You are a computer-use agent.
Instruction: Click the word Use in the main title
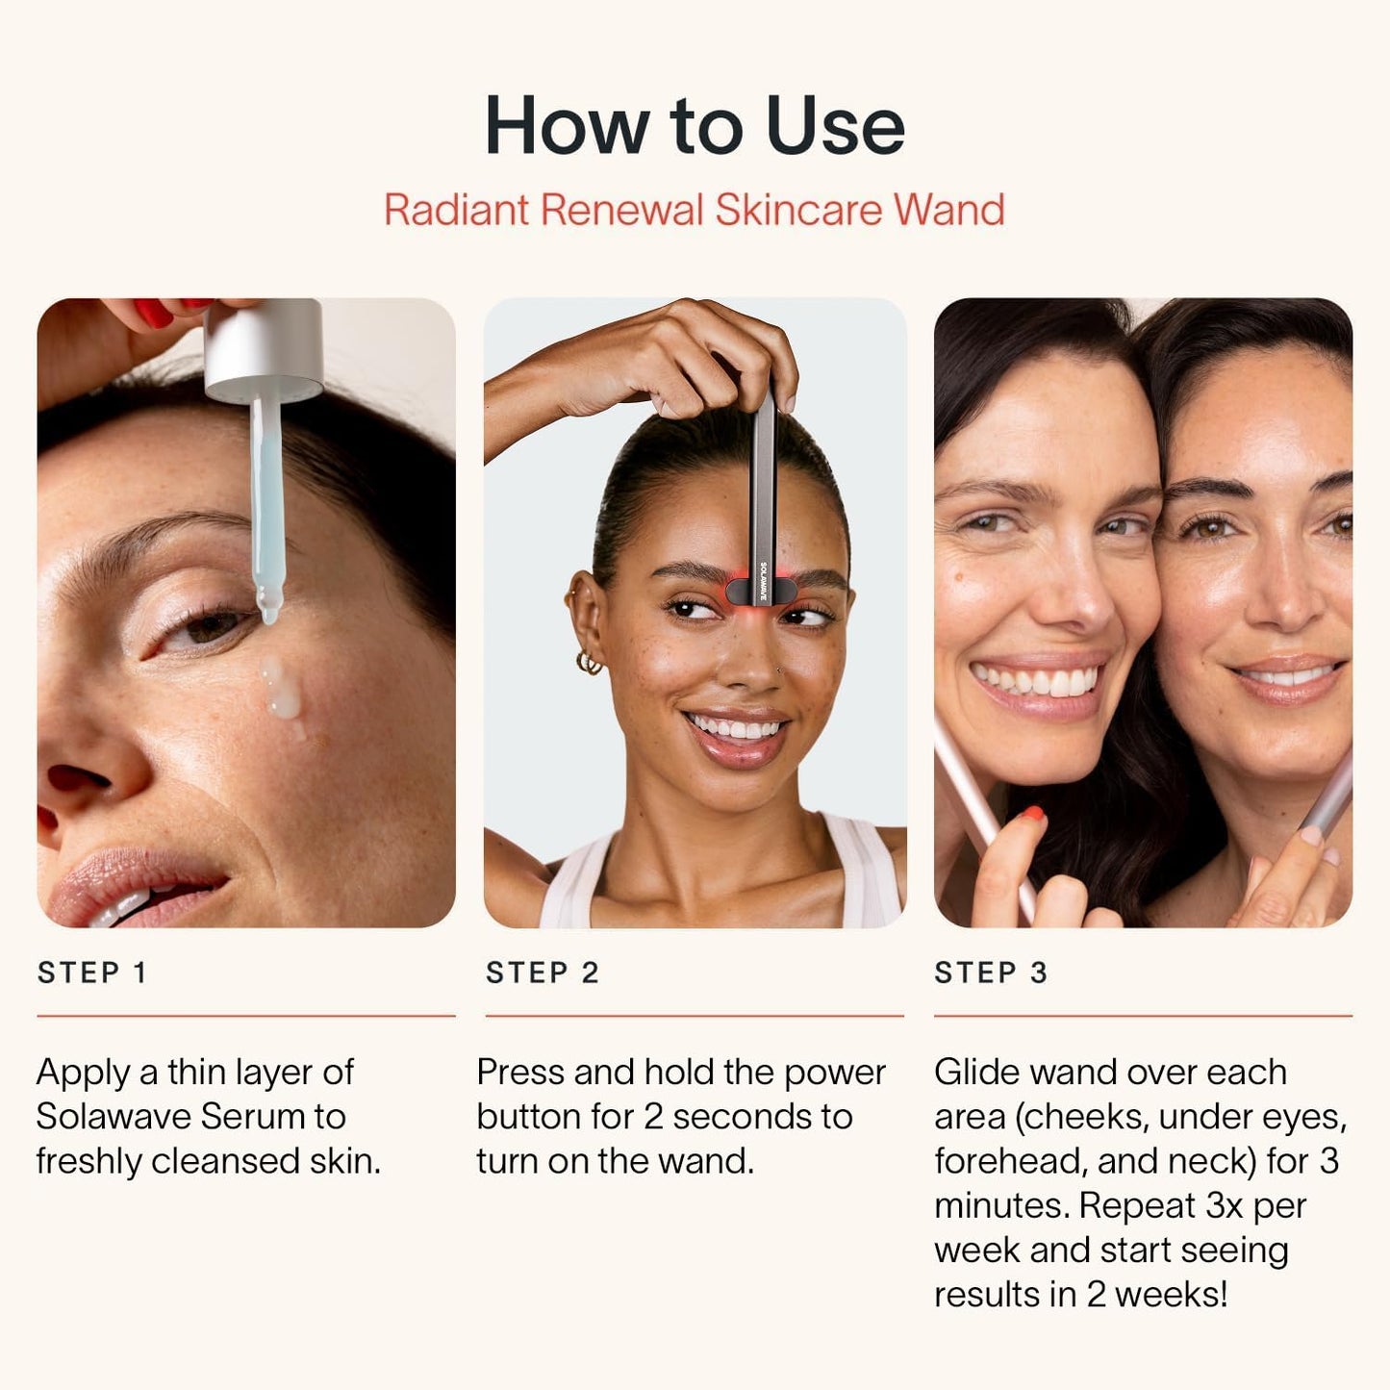click(x=835, y=126)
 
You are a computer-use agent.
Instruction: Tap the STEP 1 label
click(x=92, y=973)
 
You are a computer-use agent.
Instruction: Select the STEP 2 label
click(x=543, y=973)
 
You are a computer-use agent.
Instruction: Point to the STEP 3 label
click(x=991, y=973)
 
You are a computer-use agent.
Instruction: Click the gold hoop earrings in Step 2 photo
click(x=589, y=663)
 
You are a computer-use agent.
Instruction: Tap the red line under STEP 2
click(x=694, y=1015)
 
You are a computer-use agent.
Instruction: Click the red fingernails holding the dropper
click(x=154, y=312)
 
